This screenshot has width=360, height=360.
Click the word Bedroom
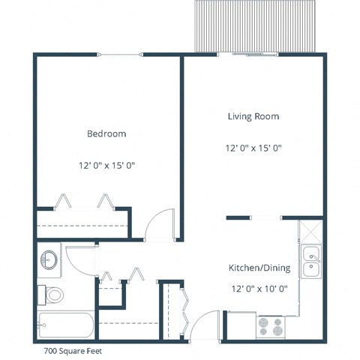(106, 133)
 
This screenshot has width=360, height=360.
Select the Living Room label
(253, 116)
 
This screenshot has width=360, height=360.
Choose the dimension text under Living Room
(253, 148)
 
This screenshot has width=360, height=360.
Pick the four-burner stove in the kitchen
(270, 326)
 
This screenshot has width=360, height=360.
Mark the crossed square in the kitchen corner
(310, 229)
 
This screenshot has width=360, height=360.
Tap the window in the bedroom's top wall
(120, 54)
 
